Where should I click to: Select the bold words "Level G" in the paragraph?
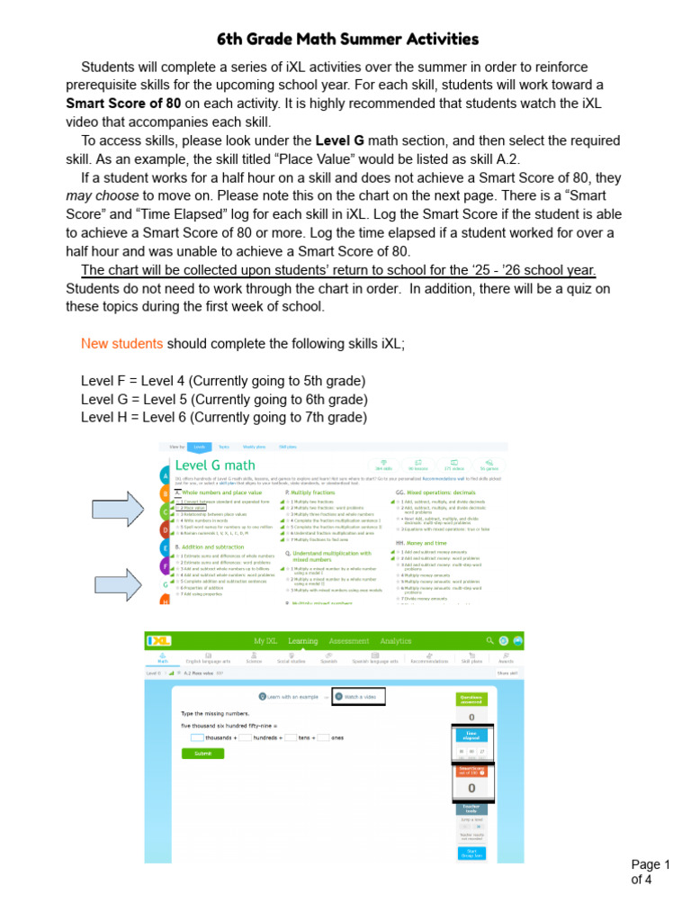pos(339,140)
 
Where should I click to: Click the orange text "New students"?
pos(122,344)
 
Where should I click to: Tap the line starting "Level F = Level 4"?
pos(224,381)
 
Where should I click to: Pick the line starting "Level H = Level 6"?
pos(224,417)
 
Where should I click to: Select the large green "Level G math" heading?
pos(215,466)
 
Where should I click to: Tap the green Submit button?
pos(202,754)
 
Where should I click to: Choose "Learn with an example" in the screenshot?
pos(290,696)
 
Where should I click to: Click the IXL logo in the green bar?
pos(159,640)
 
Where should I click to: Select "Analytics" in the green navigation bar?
pos(395,641)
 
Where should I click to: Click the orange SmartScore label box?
pos(471,772)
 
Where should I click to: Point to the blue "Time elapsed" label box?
pos(471,735)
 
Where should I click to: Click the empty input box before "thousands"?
pos(197,737)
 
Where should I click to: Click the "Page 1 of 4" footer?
pos(651,872)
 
